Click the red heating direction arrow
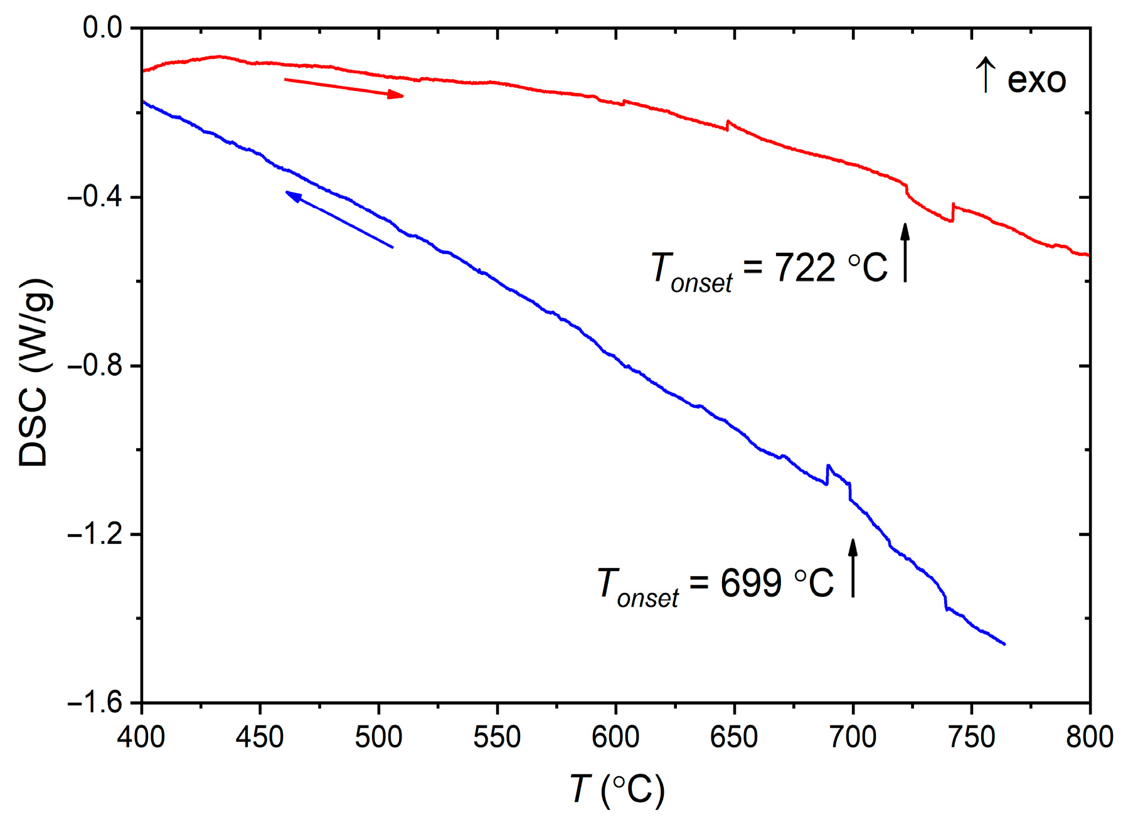(344, 88)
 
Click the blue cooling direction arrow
(339, 220)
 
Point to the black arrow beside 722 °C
(905, 252)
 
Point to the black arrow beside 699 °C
(853, 568)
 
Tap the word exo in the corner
(1036, 81)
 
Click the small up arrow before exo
(986, 75)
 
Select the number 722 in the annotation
(805, 268)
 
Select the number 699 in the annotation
(751, 583)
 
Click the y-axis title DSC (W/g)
(34, 372)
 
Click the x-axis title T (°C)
(617, 789)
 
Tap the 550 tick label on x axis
(497, 737)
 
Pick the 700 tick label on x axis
(853, 737)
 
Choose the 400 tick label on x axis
(141, 737)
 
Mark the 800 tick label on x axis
(1090, 737)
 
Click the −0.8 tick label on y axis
(95, 366)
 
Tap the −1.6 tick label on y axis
(95, 703)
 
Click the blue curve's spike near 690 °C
(828, 467)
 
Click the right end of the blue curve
(1004, 643)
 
